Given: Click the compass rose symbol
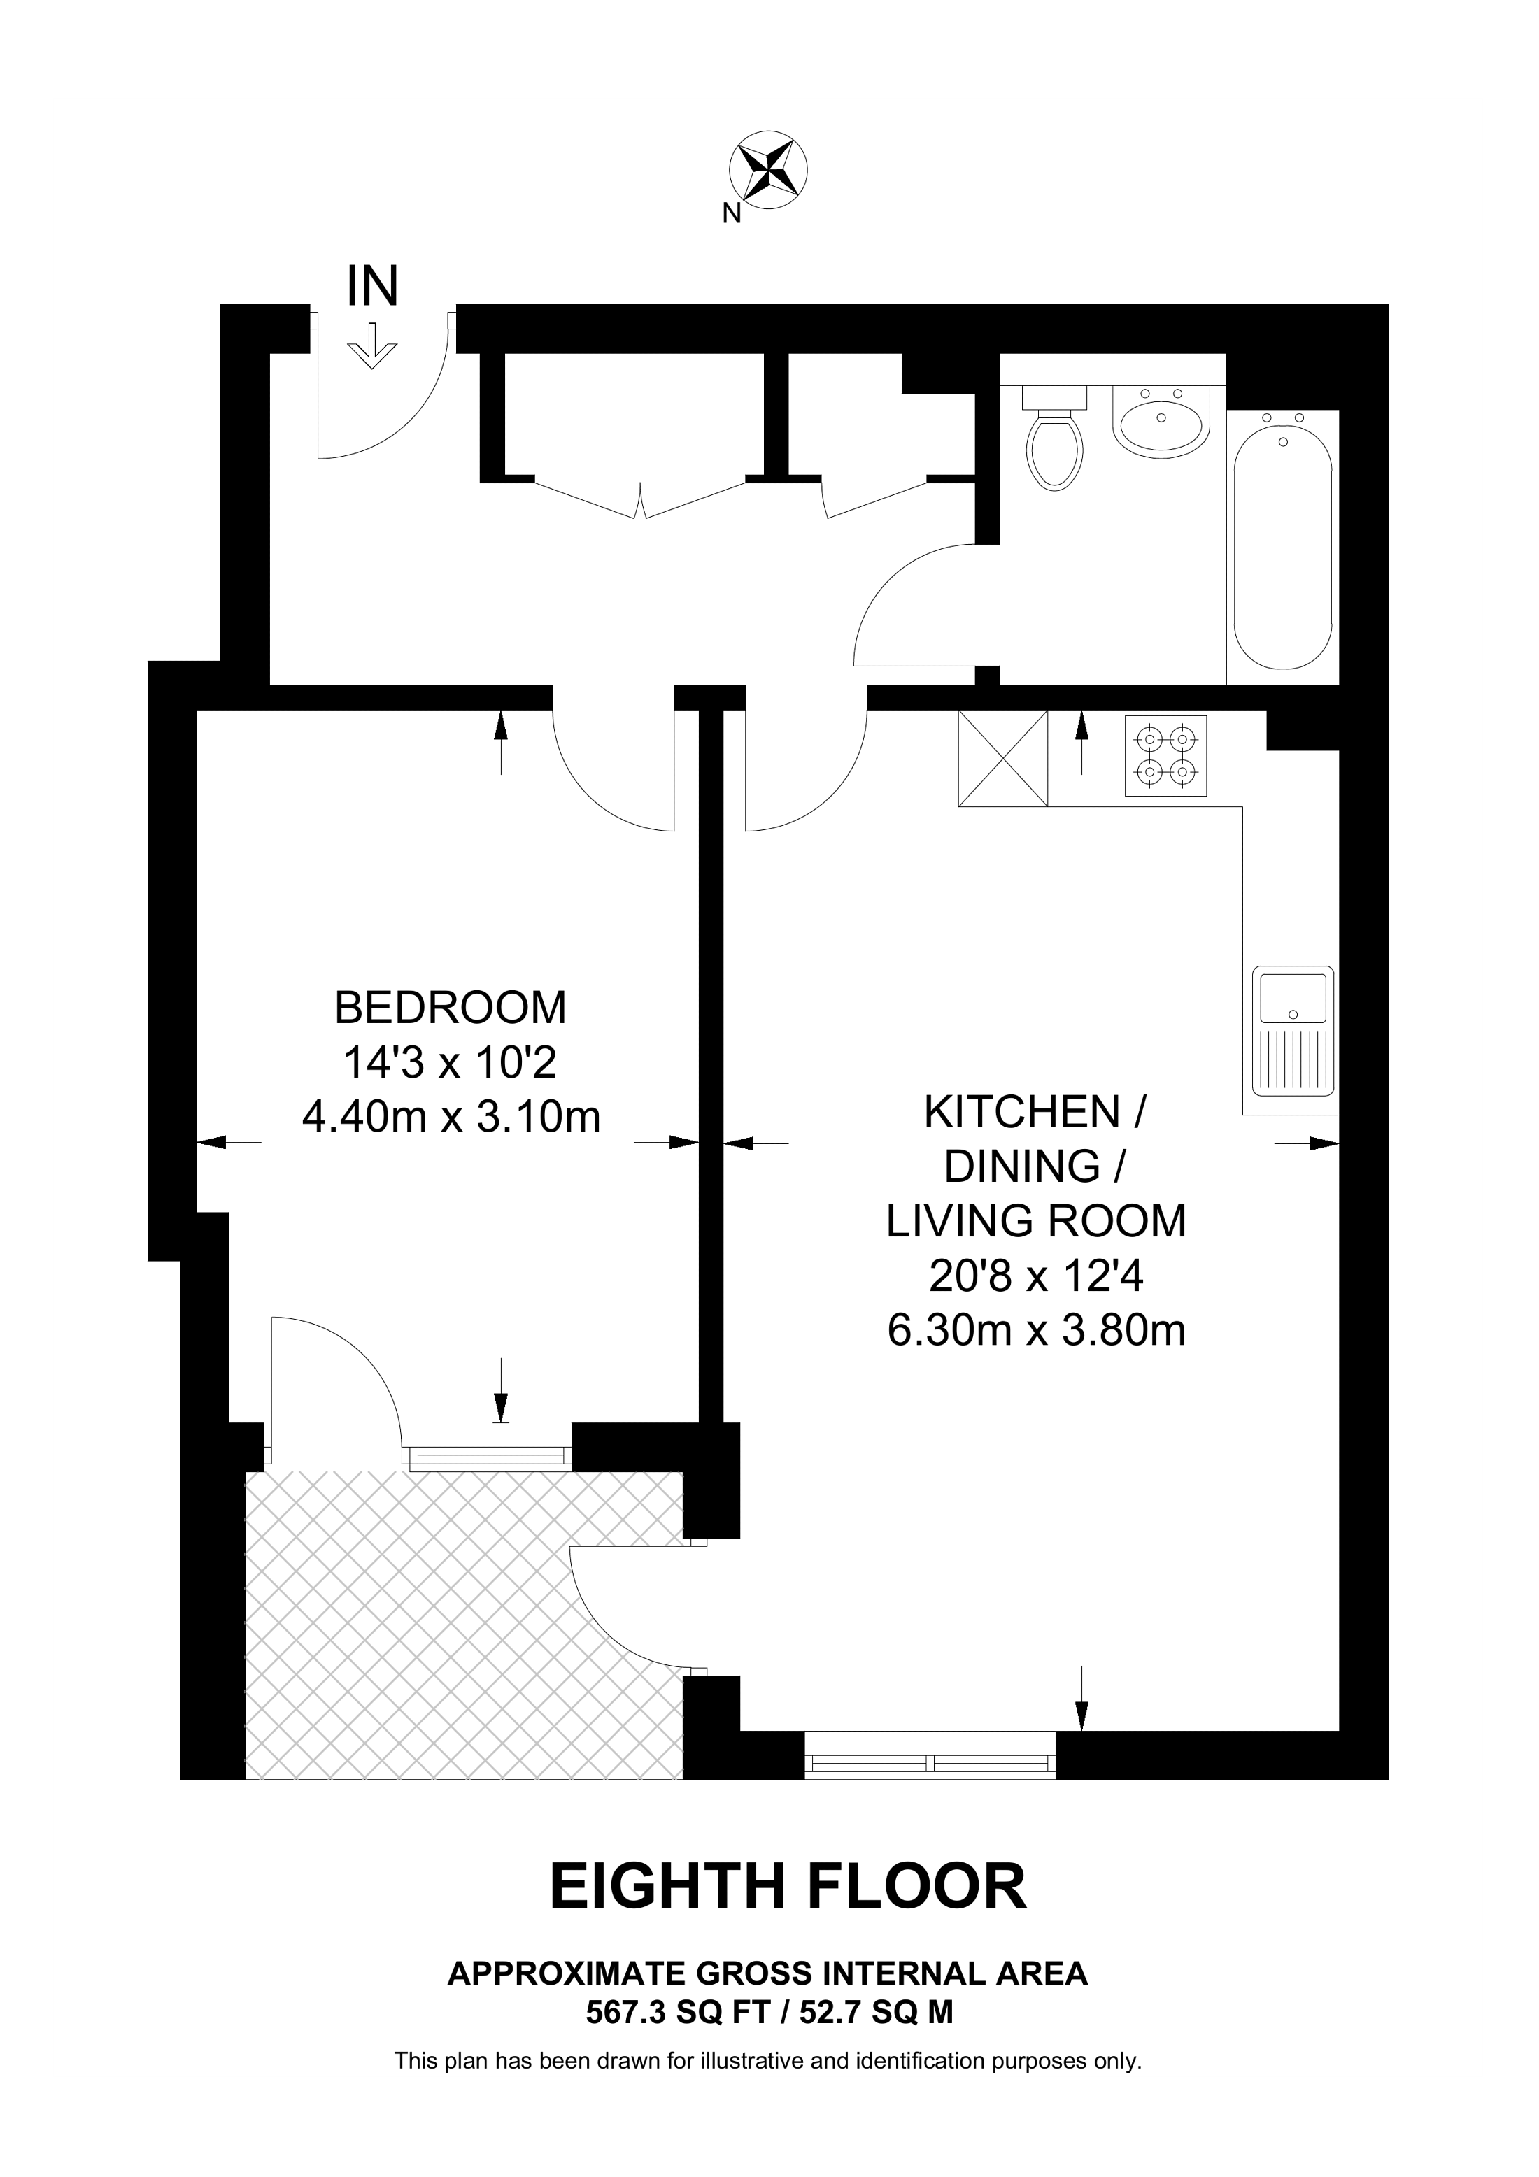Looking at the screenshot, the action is (x=768, y=171).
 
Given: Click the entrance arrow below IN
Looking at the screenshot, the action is (x=373, y=346).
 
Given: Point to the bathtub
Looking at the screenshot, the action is (x=1283, y=546).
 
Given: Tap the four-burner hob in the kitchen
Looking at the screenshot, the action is (x=1166, y=756).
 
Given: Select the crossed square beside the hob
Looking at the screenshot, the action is (x=1003, y=759).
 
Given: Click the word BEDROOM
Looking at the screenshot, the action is (x=451, y=1007).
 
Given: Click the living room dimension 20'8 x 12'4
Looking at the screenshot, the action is (x=1037, y=1277).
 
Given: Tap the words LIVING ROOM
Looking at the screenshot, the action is (x=1037, y=1221).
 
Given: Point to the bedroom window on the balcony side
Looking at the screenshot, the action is (x=488, y=1457).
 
